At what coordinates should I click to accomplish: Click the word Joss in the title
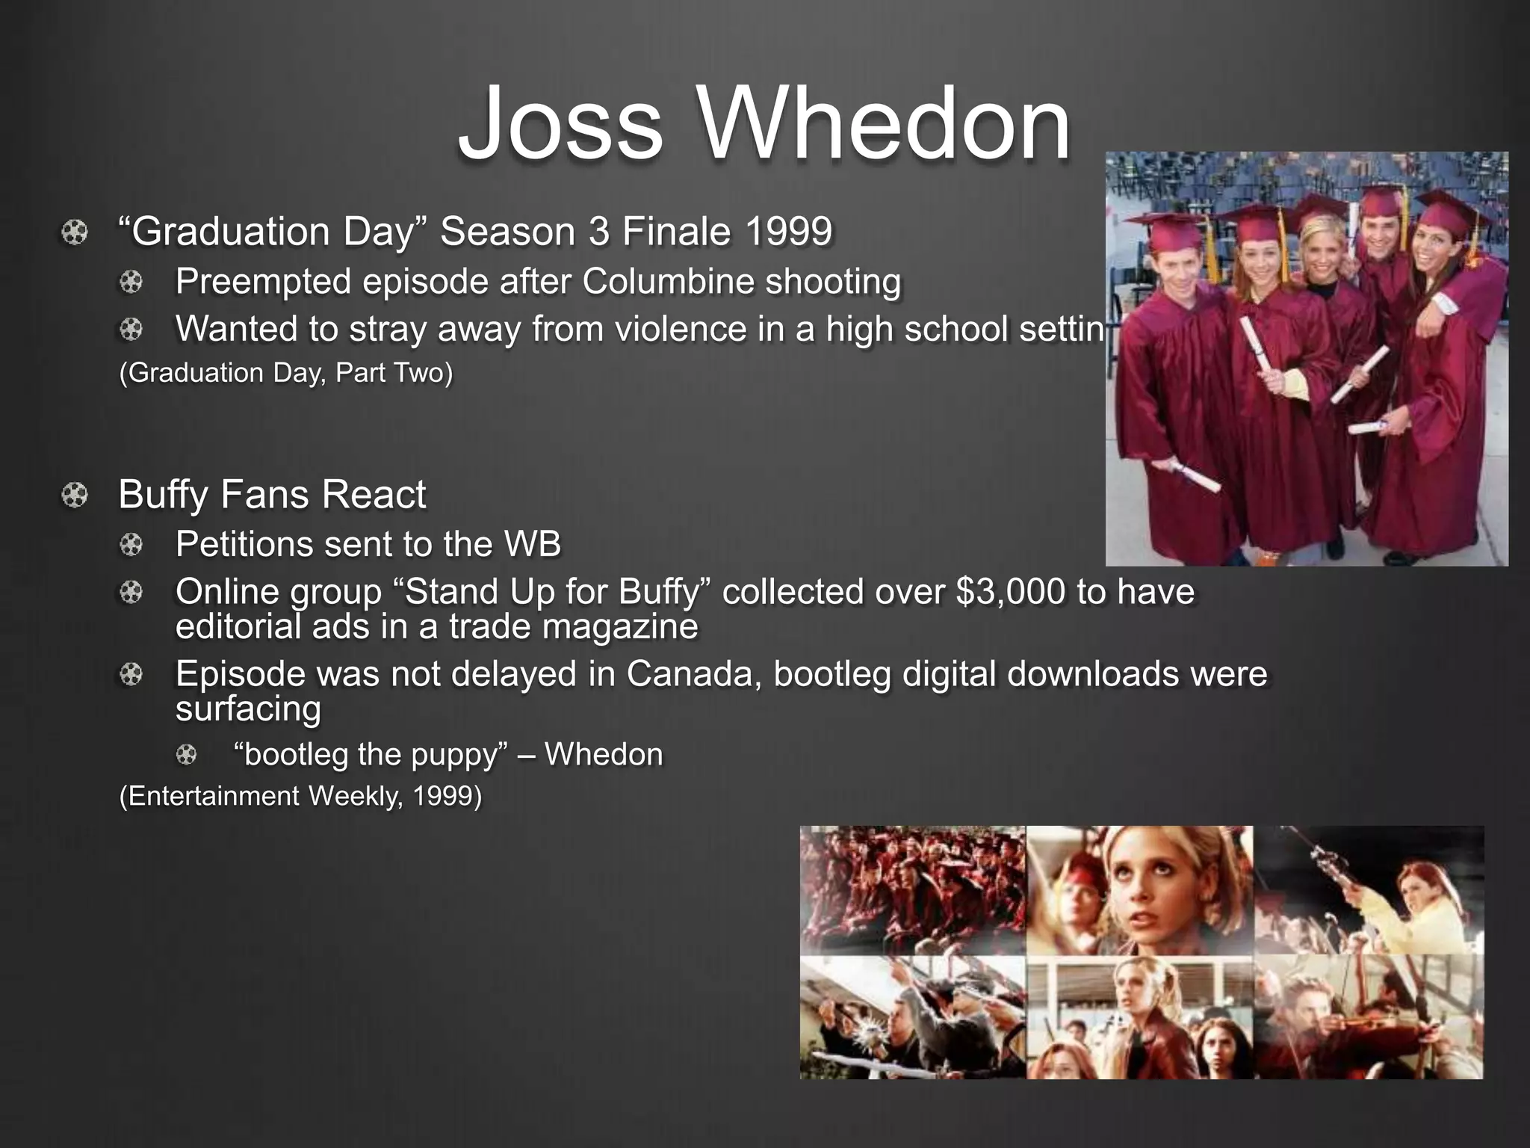click(x=560, y=123)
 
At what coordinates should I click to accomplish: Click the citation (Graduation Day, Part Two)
click(x=286, y=372)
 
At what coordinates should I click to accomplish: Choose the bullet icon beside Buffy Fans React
click(x=75, y=496)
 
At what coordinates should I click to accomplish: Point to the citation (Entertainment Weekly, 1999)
click(x=300, y=796)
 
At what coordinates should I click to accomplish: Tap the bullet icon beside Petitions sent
click(x=131, y=545)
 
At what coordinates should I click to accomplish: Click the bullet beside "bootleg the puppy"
click(x=186, y=755)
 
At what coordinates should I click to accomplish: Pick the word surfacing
click(x=248, y=709)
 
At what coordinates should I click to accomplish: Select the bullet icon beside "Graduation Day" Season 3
click(x=75, y=232)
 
